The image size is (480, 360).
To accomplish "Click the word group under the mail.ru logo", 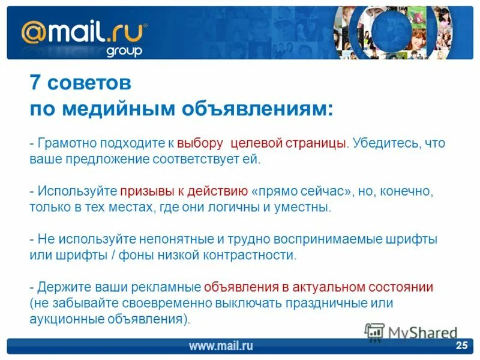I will point(124,50).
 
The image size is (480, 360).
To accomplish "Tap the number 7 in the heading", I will point(35,83).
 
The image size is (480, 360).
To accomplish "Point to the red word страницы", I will point(319,144).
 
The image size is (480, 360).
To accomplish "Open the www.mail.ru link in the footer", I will point(221,346).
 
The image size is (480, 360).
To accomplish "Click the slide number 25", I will point(461,345).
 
